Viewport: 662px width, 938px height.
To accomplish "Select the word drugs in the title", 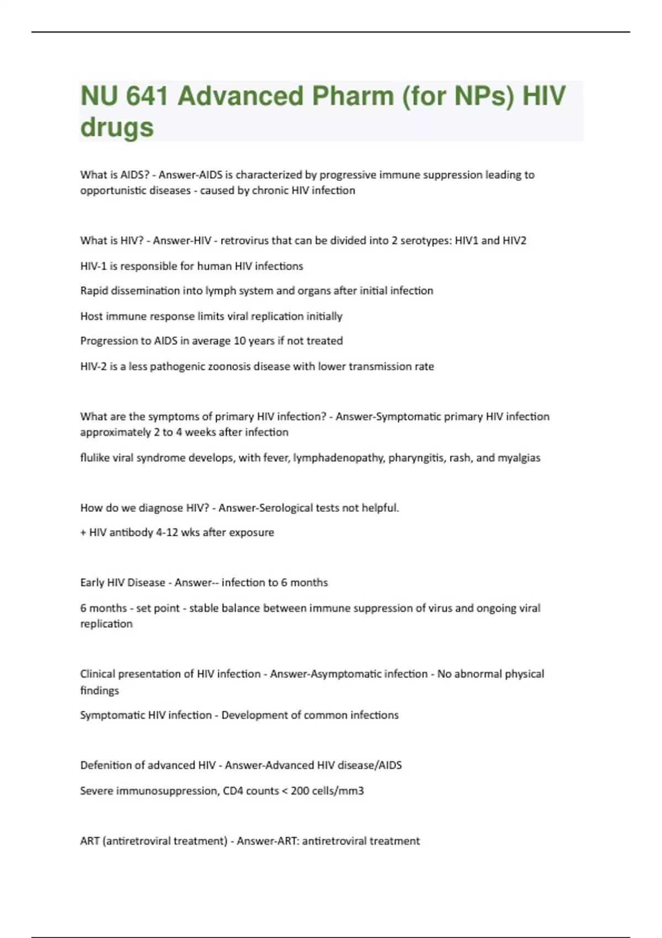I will (117, 127).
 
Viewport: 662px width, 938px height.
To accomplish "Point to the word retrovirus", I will (244, 241).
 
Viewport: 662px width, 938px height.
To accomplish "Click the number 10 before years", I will (239, 341).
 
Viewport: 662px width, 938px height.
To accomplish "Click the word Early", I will (92, 583).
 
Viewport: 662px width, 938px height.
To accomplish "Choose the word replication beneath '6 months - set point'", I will (106, 624).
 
